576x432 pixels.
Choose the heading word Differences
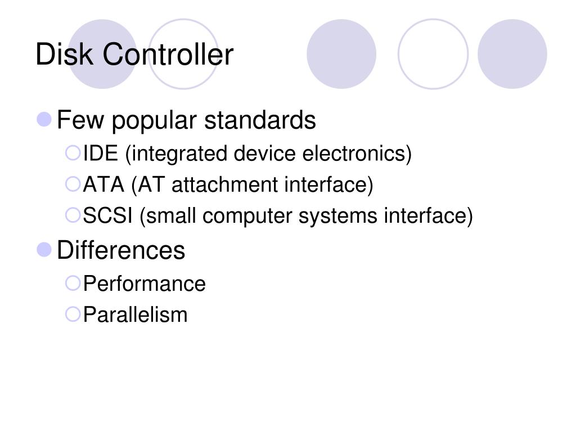[121, 250]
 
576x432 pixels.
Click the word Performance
[144, 283]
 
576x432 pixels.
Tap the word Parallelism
[135, 314]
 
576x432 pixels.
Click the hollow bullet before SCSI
[73, 214]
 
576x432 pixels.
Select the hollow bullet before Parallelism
[73, 313]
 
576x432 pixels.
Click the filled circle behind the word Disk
[101, 54]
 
